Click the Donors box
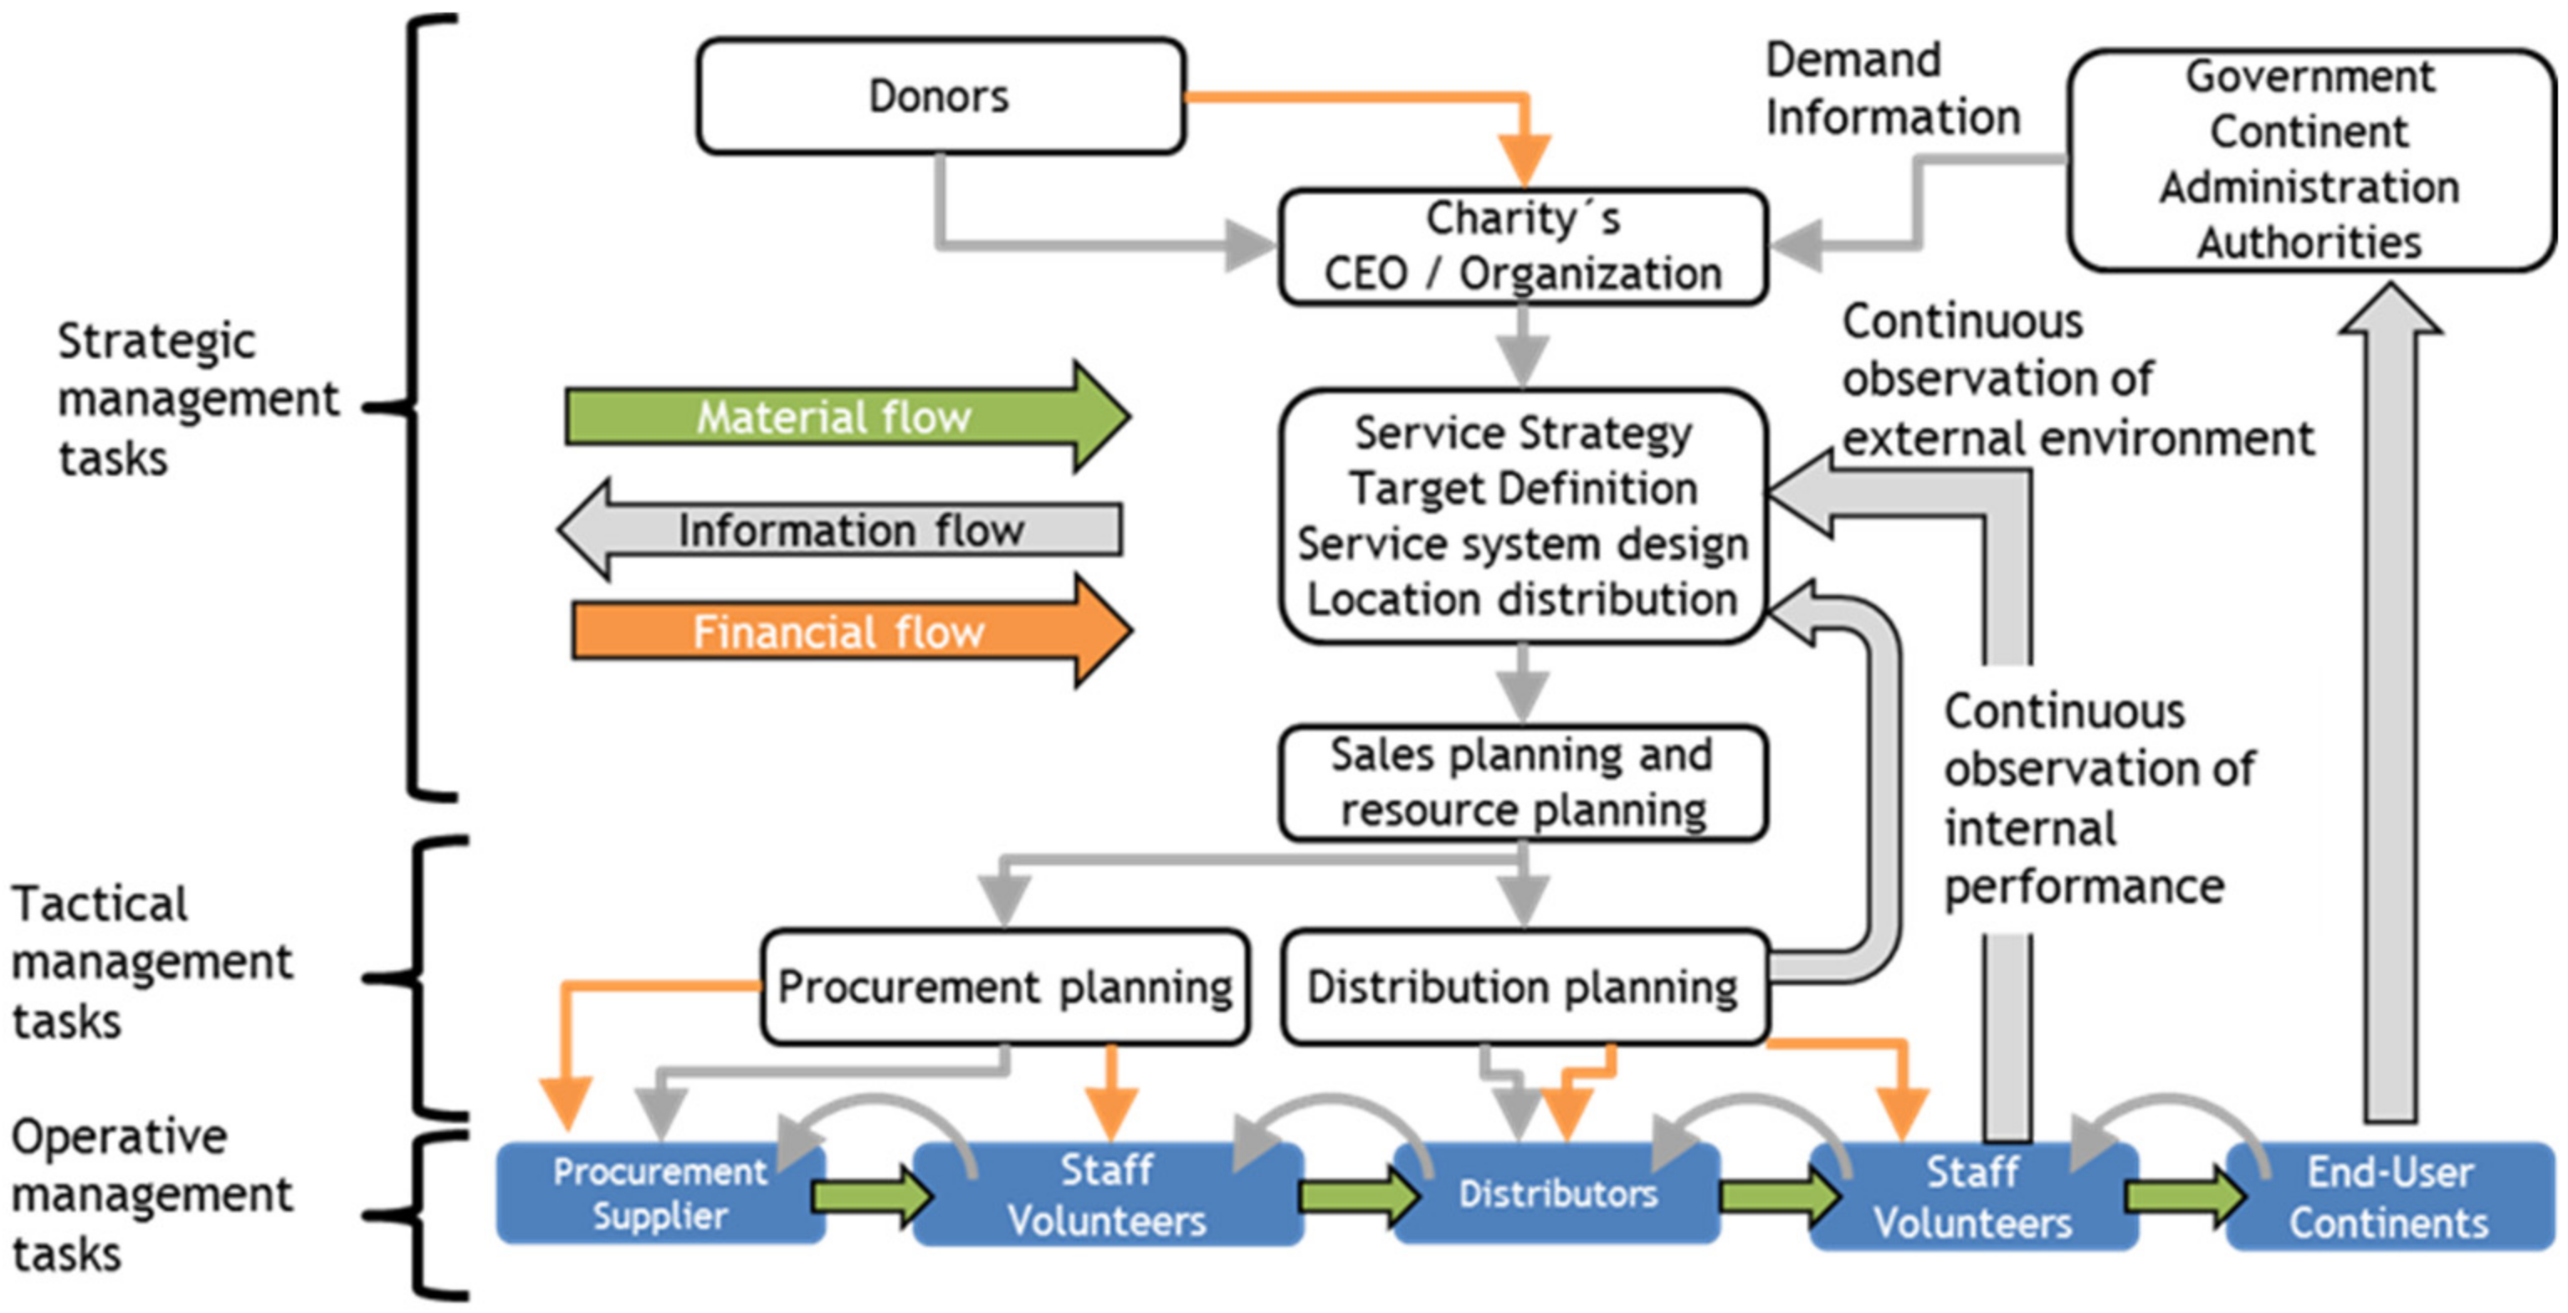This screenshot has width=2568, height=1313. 940,97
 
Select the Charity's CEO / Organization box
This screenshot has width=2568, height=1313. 1522,246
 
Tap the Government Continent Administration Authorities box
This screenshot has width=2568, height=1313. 2309,160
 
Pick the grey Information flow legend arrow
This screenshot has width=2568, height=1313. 843,530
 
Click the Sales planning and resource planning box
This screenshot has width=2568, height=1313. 1522,782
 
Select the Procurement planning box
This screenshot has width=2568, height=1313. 1004,987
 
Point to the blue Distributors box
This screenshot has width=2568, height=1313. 1557,1193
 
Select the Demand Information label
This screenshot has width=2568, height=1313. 1891,90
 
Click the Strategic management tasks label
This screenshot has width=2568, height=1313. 197,399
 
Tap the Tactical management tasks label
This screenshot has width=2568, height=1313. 150,962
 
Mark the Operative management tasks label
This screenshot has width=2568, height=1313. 150,1194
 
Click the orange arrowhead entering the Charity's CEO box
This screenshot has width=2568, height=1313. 1523,160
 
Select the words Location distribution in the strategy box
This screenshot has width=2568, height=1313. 1522,599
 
